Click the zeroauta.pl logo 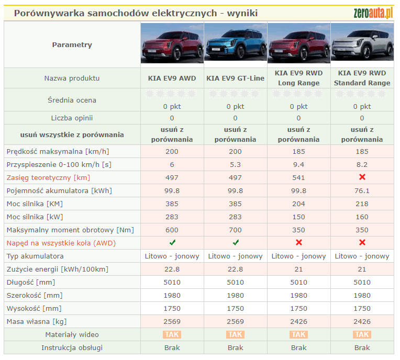pyautogui.click(x=373, y=13)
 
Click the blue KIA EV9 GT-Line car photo pyautogui.click(x=235, y=44)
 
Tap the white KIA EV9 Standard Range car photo pyautogui.click(x=362, y=44)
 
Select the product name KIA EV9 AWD pyautogui.click(x=172, y=78)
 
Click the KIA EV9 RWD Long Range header pyautogui.click(x=298, y=78)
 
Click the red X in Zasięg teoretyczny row pyautogui.click(x=362, y=178)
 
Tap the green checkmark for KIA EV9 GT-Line pyautogui.click(x=236, y=243)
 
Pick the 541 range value pyautogui.click(x=298, y=178)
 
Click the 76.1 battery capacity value pyautogui.click(x=362, y=191)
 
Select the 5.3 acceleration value pyautogui.click(x=235, y=165)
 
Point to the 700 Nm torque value pyautogui.click(x=235, y=230)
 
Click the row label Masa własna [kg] pyautogui.click(x=37, y=322)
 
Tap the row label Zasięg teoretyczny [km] pyautogui.click(x=49, y=178)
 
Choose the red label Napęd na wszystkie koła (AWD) pyautogui.click(x=61, y=243)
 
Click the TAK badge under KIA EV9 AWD pyautogui.click(x=172, y=335)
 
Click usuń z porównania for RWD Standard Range pyautogui.click(x=362, y=135)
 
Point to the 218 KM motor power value pyautogui.click(x=362, y=204)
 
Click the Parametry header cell pyautogui.click(x=72, y=45)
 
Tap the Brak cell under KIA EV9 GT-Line pyautogui.click(x=235, y=348)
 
